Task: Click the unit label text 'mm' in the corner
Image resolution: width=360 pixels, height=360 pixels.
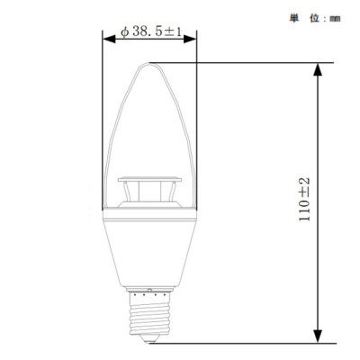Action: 334,17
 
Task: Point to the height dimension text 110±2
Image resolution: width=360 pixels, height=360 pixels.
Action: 304,200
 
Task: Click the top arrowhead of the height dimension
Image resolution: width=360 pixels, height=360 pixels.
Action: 318,67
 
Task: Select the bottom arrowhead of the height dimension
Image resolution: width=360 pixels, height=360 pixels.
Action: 318,337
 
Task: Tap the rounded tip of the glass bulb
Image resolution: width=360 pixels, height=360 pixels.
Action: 150,65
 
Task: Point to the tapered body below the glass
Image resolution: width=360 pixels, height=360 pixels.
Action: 150,252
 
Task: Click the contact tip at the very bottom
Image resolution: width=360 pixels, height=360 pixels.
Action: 150,340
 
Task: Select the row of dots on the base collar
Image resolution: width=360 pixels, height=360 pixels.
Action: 150,292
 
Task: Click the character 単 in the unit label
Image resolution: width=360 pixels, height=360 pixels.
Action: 293,17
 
